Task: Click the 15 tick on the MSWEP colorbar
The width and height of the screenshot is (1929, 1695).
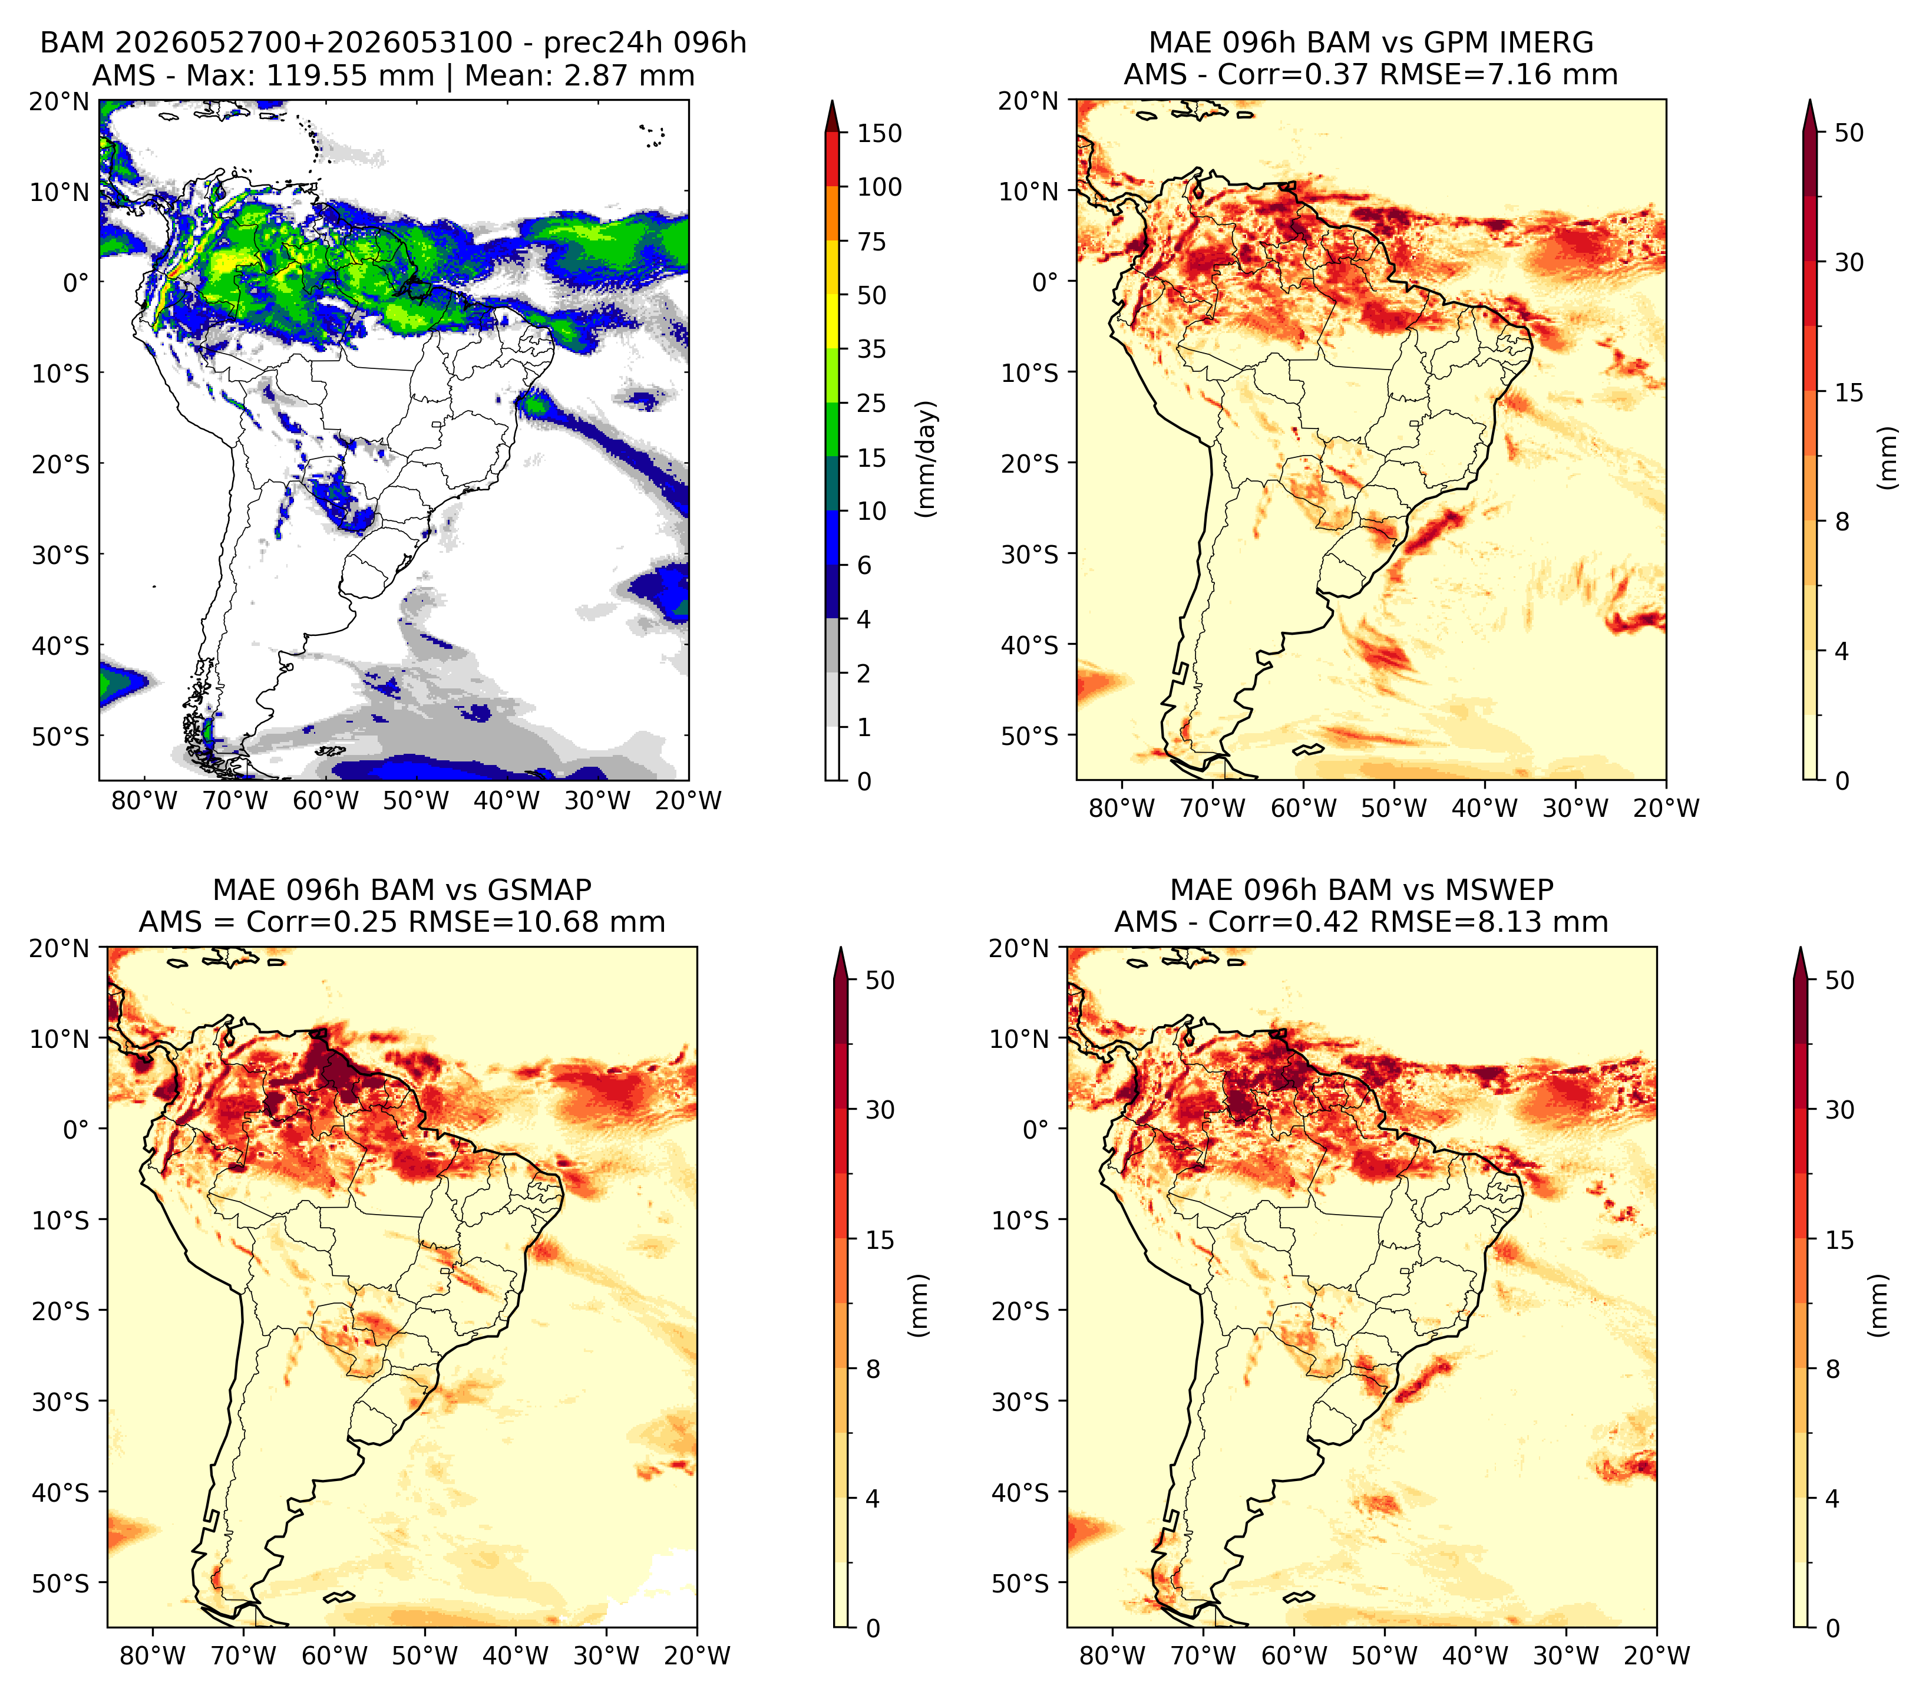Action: click(x=1840, y=1239)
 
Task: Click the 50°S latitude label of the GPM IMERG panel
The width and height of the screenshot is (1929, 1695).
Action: click(x=1030, y=735)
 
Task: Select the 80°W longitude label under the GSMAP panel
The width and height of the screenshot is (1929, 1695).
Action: click(x=154, y=1656)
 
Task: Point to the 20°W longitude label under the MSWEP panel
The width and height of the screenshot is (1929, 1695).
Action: click(x=1656, y=1656)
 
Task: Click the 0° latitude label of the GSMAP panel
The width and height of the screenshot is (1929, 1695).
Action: click(x=77, y=1129)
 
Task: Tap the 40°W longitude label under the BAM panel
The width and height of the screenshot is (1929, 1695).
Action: click(x=507, y=800)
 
